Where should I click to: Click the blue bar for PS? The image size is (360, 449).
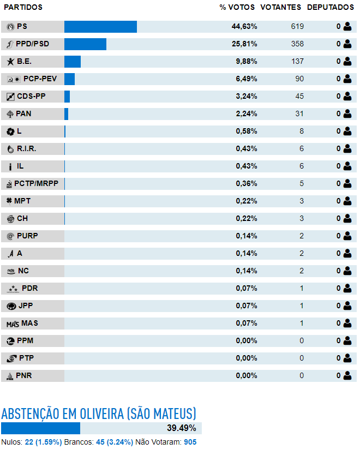coord(100,27)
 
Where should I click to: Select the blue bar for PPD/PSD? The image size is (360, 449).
coord(85,44)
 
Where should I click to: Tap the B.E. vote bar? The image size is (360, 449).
coord(73,62)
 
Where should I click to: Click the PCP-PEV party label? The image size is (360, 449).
coord(40,79)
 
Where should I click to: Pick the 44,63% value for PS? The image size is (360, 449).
coord(244,27)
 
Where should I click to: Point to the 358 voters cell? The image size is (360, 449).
coord(297,44)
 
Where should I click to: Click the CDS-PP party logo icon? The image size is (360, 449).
coord(10,97)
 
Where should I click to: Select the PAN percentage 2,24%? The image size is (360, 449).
coord(247,114)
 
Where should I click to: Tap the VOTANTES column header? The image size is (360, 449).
coord(281,7)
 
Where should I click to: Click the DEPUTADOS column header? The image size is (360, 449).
coord(331,7)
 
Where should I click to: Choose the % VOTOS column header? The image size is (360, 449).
coord(237,7)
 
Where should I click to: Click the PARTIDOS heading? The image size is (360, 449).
coord(23,7)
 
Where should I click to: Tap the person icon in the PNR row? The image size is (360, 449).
coord(347,376)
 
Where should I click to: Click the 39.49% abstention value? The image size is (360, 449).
coord(182,428)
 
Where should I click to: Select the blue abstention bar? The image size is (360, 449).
coord(41,428)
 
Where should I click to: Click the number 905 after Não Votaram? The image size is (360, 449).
coord(190,442)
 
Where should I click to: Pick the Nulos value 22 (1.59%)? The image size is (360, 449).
coord(43,442)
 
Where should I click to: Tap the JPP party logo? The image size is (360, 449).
coord(11,307)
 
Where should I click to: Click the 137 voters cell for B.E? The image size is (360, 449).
coord(297,62)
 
